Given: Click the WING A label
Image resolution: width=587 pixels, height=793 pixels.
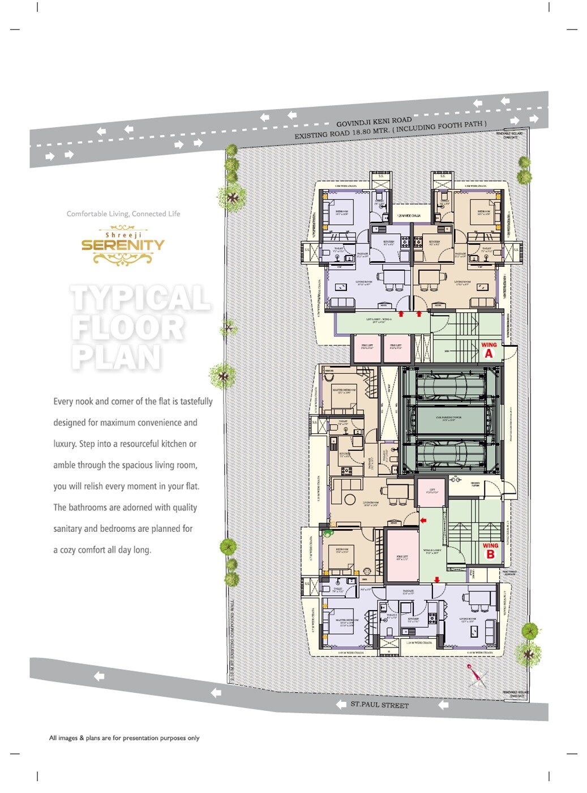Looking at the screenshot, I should tap(489, 350).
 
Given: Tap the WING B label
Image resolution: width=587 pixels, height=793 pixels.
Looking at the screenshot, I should tap(490, 551).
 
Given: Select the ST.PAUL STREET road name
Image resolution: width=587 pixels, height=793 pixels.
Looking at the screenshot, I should tap(379, 705).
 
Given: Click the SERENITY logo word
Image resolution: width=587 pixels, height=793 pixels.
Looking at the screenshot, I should tap(123, 245).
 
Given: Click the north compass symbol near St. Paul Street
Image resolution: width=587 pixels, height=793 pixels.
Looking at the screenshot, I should tap(477, 676).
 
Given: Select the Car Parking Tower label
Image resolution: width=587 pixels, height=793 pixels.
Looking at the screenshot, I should tap(448, 418).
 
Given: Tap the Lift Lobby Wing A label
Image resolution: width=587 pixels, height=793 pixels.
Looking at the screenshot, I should tap(379, 321).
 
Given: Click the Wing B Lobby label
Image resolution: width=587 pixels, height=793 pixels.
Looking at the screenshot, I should tap(432, 551).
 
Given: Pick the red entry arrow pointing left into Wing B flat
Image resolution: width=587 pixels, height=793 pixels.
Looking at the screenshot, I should tap(423, 520).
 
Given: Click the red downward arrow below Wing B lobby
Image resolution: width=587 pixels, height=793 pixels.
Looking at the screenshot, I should tap(437, 579).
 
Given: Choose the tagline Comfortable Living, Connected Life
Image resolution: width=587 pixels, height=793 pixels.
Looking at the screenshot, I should tap(123, 214).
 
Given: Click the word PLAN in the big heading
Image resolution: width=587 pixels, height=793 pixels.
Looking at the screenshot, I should tap(117, 357).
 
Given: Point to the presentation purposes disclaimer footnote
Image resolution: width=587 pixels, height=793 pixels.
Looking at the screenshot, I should tap(124, 737).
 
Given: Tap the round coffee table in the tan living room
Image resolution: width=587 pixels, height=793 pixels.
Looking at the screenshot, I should tap(350, 500).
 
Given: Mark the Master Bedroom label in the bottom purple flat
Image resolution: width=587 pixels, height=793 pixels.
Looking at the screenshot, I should tap(346, 622).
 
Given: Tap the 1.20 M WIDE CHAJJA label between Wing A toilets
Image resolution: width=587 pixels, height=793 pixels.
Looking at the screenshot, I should tap(408, 216).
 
